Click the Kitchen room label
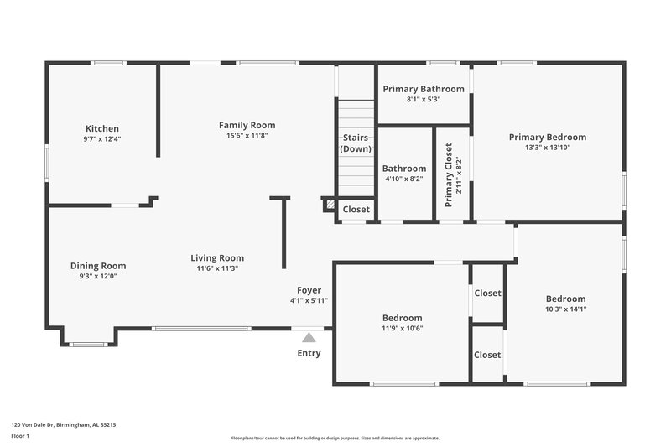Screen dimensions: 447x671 (101, 128)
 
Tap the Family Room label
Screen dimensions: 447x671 (247, 125)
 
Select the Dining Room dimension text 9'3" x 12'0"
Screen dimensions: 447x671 (97, 276)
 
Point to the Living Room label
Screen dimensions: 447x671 (217, 258)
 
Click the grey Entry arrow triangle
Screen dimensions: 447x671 (309, 337)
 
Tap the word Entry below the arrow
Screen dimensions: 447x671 (309, 353)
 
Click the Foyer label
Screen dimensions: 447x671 (309, 290)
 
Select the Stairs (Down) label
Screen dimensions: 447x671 (356, 143)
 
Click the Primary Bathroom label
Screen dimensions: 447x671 (424, 89)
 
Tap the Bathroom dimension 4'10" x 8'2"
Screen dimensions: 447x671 (403, 179)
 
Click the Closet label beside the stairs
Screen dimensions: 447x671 (356, 210)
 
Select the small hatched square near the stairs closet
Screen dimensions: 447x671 (330, 204)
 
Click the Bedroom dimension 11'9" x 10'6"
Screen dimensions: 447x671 (403, 329)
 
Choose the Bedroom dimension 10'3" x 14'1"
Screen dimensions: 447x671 (565, 309)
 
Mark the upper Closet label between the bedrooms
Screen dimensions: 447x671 (487, 294)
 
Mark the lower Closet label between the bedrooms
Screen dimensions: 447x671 (487, 355)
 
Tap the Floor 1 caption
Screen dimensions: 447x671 (19, 437)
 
